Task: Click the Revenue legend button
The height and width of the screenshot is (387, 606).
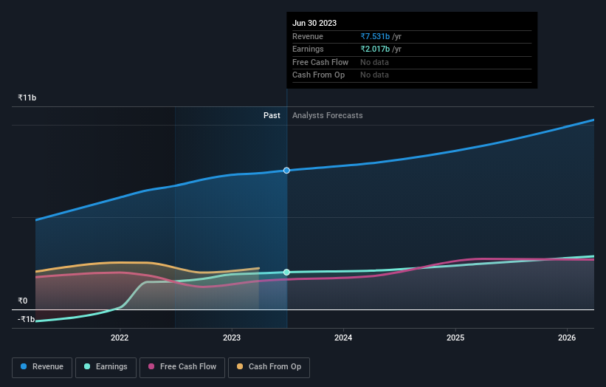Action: [x=43, y=366]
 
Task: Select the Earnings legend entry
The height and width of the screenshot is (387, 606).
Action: [x=106, y=366]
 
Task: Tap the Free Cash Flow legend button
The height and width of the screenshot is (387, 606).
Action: [x=182, y=366]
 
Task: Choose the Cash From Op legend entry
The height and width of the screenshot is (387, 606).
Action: [x=269, y=366]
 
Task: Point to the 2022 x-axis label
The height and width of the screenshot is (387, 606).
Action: [x=120, y=338]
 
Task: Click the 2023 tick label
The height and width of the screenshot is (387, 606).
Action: [x=232, y=338]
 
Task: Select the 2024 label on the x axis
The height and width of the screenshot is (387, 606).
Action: [x=343, y=338]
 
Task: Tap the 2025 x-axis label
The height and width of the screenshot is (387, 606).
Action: [x=455, y=338]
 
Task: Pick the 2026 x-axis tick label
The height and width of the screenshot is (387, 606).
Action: [x=567, y=338]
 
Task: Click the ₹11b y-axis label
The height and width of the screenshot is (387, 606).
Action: [x=27, y=97]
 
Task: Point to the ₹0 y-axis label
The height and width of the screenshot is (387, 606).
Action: [x=22, y=301]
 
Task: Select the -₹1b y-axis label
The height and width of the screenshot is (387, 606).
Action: [x=26, y=319]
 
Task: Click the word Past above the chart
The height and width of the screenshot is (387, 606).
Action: [x=272, y=115]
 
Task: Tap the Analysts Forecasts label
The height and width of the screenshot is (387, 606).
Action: [x=327, y=115]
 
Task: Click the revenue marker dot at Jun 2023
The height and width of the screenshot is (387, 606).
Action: [x=287, y=171]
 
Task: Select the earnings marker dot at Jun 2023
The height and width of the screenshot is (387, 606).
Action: [x=287, y=273]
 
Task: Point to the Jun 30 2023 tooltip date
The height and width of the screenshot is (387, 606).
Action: [x=314, y=23]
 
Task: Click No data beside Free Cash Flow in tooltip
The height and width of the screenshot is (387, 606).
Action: [x=374, y=62]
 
